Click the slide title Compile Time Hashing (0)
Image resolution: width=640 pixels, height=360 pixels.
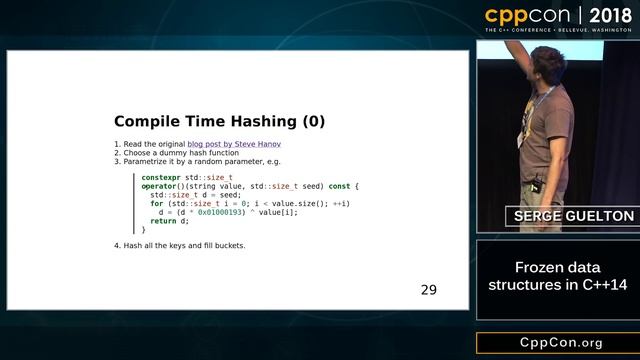pyautogui.click(x=219, y=121)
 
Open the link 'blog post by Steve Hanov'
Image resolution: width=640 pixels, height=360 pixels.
pyautogui.click(x=233, y=145)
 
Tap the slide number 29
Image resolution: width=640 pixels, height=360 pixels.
pyautogui.click(x=428, y=290)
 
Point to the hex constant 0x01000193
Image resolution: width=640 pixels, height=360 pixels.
pyautogui.click(x=221, y=211)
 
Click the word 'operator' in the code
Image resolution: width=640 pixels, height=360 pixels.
pyautogui.click(x=160, y=186)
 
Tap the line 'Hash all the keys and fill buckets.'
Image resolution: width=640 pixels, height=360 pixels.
pyautogui.click(x=179, y=245)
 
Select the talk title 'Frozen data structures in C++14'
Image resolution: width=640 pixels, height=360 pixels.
pyautogui.click(x=558, y=277)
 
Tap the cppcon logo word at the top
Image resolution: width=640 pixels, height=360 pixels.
pyautogui.click(x=526, y=15)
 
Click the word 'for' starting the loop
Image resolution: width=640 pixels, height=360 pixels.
pyautogui.click(x=156, y=203)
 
